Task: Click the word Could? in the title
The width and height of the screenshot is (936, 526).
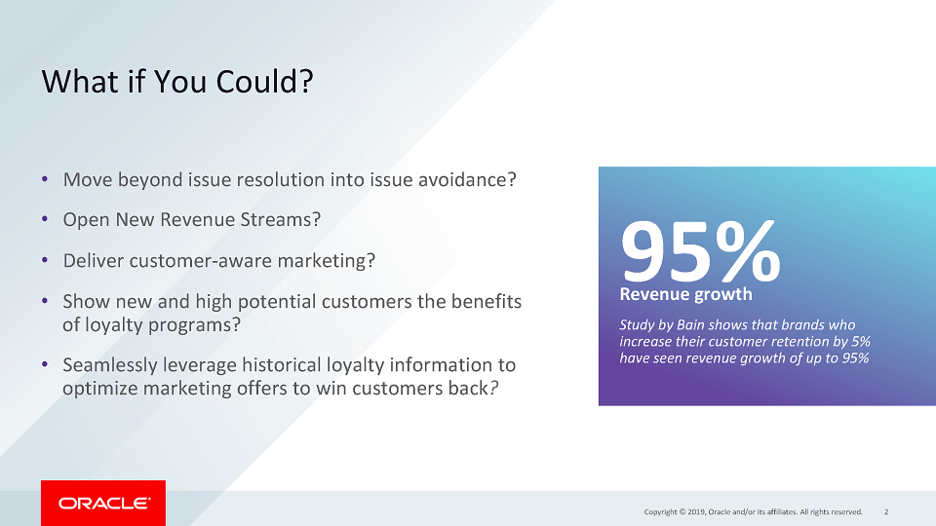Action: tap(264, 82)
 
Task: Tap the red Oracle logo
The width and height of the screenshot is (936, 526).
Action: tap(103, 503)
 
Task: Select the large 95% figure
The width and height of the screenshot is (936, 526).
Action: tap(700, 251)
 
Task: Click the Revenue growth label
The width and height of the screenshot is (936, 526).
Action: tap(685, 294)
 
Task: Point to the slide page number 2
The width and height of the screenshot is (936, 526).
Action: tap(886, 511)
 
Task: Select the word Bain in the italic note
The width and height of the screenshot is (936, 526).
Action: tap(690, 325)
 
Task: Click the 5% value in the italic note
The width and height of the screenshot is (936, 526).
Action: tap(860, 342)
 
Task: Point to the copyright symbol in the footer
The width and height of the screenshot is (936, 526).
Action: tap(682, 511)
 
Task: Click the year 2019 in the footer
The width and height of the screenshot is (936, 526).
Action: tap(695, 511)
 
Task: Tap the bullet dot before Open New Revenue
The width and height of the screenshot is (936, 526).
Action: tap(45, 219)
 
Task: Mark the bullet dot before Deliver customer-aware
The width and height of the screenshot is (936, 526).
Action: tap(45, 260)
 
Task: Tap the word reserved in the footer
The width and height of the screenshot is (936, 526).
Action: tap(847, 511)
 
